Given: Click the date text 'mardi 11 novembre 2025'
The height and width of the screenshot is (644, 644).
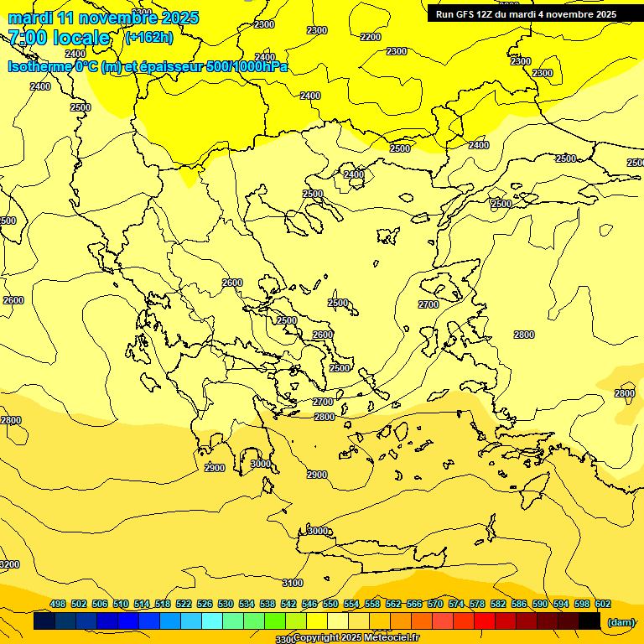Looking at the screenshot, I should (x=103, y=18).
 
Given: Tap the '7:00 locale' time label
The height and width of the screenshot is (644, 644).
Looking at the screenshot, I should (x=59, y=38).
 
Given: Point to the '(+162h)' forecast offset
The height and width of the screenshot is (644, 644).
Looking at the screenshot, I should (x=148, y=38).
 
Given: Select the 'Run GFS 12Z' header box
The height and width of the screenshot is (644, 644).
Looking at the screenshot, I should (x=527, y=13).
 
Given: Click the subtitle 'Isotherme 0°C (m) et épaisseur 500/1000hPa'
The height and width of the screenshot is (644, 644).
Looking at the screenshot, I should (x=148, y=66).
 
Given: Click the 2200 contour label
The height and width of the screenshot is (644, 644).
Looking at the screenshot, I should (x=370, y=37).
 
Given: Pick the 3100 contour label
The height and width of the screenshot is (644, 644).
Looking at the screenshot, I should (x=292, y=583).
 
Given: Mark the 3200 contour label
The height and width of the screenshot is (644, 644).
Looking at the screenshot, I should (x=9, y=564).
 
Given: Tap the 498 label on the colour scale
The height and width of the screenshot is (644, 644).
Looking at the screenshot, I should (x=58, y=604).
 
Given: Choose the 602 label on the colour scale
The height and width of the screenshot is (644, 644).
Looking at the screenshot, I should (x=602, y=604).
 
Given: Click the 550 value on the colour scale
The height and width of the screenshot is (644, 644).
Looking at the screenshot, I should (x=330, y=604).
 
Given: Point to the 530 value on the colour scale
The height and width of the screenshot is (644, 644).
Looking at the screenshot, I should (x=226, y=604).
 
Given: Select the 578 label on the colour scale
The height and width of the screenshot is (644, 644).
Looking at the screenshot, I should (x=477, y=604).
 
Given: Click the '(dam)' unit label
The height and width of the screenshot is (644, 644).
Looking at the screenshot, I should (x=621, y=622).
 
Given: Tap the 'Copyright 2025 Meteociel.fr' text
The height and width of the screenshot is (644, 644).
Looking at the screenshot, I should (x=356, y=638).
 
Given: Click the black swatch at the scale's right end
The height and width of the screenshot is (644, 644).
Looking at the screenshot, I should (x=589, y=621).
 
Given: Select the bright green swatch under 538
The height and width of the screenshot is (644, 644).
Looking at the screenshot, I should (x=275, y=621).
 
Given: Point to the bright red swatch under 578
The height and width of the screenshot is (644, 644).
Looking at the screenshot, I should (x=485, y=621).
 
